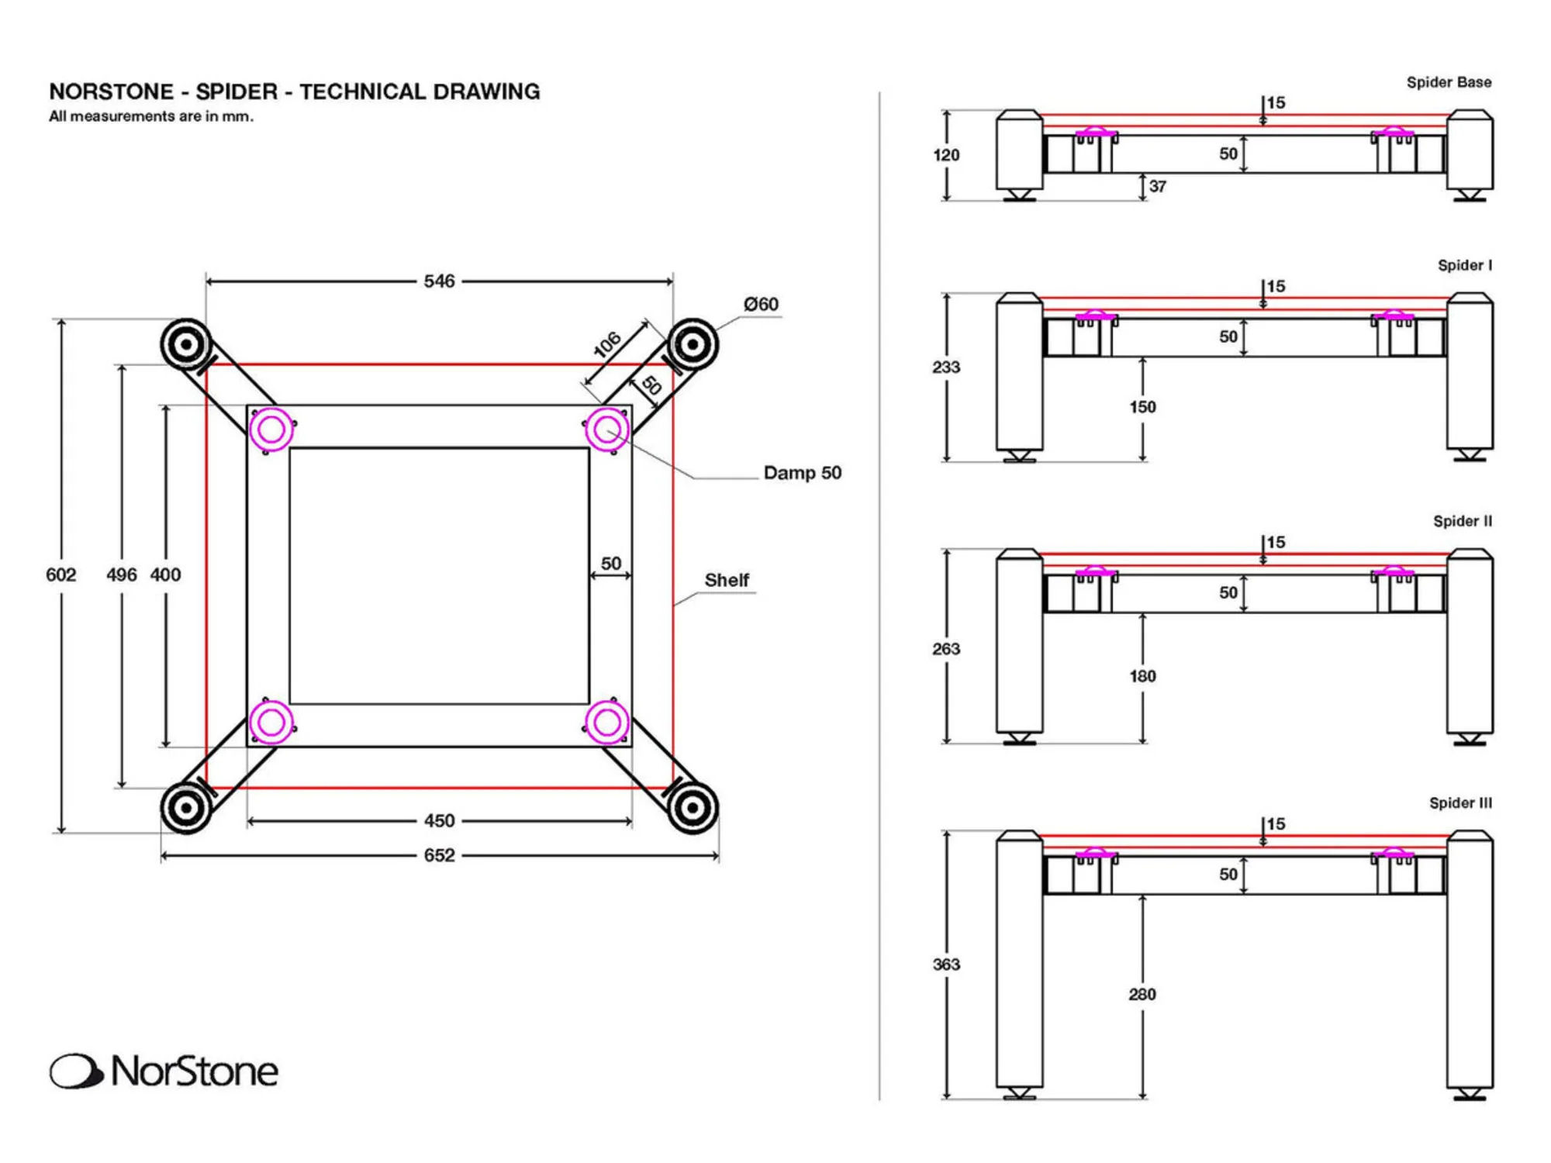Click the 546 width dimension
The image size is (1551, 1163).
[x=439, y=281]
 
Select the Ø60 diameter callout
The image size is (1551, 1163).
[x=761, y=304]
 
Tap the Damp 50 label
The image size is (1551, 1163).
[x=802, y=472]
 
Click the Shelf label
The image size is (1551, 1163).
[x=726, y=580]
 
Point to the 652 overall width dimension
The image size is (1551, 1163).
[x=439, y=855]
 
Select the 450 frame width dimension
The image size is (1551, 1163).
[x=439, y=820]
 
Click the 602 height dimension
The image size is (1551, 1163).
[x=60, y=575]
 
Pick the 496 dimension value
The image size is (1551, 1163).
[x=121, y=575]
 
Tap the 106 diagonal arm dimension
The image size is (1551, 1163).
[x=607, y=344]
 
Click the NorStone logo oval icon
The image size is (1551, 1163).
[x=75, y=1071]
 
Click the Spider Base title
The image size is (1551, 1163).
[x=1449, y=82]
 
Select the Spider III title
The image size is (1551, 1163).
[x=1460, y=803]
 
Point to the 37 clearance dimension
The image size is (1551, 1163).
[x=1158, y=186]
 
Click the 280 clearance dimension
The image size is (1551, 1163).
[x=1142, y=994]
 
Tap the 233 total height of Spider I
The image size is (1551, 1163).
[x=946, y=367]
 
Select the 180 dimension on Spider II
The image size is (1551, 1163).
[x=1142, y=676]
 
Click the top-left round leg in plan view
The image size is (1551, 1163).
[x=186, y=343]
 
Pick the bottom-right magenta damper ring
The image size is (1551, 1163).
[x=607, y=723]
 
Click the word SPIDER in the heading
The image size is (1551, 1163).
[x=236, y=91]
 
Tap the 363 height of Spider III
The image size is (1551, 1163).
[x=946, y=965]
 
